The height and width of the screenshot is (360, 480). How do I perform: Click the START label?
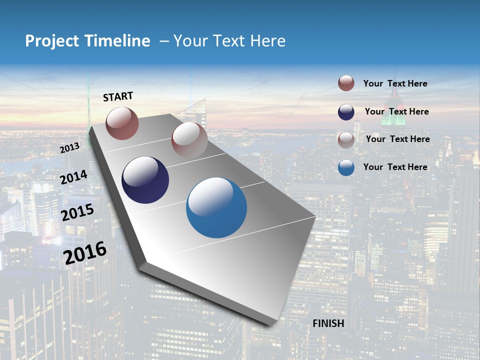118,96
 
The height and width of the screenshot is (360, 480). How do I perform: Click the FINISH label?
328,323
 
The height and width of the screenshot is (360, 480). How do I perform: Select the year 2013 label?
69,148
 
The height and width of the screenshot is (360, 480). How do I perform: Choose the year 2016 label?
85,252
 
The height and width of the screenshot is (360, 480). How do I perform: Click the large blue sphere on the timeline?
216,207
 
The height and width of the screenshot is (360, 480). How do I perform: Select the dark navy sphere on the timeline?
145,180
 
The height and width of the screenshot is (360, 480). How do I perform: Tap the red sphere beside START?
122,123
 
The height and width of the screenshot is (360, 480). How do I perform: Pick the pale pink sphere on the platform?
189,139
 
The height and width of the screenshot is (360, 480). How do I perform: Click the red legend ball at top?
346,83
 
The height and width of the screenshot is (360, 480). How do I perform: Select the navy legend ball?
346,112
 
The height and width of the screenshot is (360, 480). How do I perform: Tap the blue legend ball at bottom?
346,167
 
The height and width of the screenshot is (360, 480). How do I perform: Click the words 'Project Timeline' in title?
87,41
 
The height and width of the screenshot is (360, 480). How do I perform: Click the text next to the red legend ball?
395,84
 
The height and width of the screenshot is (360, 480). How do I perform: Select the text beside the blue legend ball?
395,167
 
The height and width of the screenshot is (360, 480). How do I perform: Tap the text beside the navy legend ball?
396,111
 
